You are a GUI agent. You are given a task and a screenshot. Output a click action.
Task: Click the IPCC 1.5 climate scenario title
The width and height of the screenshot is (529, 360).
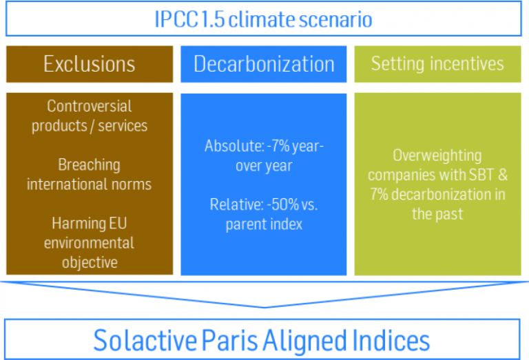264,19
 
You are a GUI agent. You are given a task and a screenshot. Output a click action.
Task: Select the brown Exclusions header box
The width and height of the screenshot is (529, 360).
90,64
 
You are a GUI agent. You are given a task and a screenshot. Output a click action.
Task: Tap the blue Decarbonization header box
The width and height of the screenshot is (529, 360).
264,64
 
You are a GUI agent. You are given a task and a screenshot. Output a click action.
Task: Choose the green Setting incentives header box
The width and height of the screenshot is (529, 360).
437,64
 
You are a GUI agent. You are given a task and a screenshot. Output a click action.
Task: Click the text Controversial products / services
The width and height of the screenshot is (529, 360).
90,116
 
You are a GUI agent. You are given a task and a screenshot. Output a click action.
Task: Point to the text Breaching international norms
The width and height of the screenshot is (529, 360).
90,175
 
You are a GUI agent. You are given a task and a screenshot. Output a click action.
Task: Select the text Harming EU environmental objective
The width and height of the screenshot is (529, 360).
90,242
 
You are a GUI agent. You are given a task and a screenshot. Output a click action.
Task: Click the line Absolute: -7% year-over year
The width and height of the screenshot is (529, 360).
264,156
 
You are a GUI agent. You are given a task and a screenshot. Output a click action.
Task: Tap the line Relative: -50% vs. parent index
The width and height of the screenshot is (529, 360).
264,215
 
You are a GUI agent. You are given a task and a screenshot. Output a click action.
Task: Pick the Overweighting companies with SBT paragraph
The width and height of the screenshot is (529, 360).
437,184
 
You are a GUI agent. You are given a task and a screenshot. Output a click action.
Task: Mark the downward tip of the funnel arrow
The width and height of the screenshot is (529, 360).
264,306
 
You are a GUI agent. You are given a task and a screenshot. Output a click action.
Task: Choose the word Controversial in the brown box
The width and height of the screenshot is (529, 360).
90,107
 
